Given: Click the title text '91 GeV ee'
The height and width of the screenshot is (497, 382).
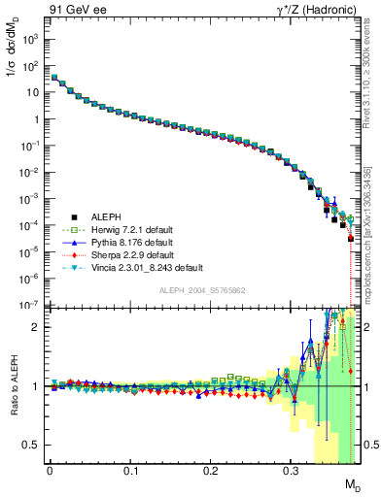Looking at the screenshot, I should click(x=74, y=9).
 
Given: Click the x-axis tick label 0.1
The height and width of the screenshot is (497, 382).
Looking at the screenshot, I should click(x=130, y=478).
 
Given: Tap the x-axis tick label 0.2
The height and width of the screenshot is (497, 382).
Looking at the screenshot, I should click(x=211, y=478).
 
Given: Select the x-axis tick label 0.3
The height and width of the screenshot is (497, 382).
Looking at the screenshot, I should click(x=291, y=478).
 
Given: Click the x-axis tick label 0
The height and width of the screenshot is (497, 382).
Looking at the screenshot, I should click(x=51, y=478).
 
